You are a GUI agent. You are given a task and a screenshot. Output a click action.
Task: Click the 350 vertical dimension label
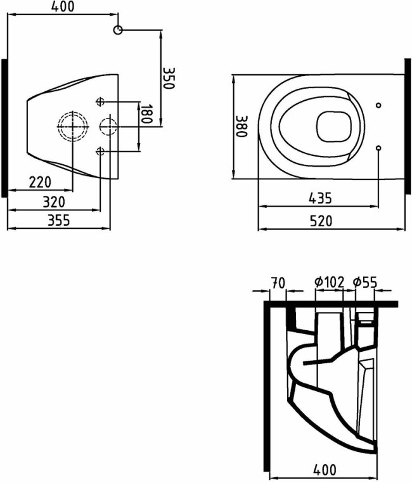pyautogui.click(x=168, y=78)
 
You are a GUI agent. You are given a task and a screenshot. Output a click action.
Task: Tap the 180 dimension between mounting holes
pyautogui.click(x=146, y=114)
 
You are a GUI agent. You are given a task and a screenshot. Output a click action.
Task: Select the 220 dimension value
pyautogui.click(x=40, y=182)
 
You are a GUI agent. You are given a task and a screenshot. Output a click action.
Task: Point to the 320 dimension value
pyautogui.click(x=54, y=202)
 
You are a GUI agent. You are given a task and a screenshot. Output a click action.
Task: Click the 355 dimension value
pyautogui.click(x=58, y=220)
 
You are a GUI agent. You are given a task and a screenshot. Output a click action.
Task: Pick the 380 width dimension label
pyautogui.click(x=241, y=126)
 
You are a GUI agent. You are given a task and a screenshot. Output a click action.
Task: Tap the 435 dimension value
pyautogui.click(x=320, y=198)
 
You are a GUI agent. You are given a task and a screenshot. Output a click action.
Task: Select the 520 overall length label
pyautogui.click(x=321, y=221)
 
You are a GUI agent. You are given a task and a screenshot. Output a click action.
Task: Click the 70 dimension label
pyautogui.click(x=278, y=283)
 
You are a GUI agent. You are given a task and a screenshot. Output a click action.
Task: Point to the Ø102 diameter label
pyautogui.click(x=329, y=282)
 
